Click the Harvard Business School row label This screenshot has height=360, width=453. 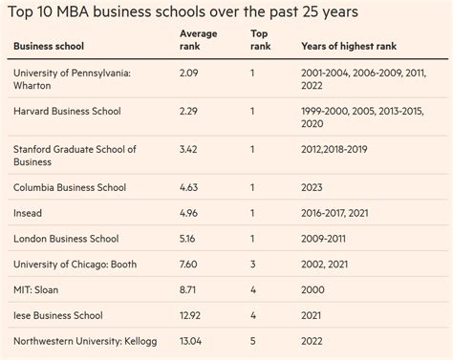[67, 112]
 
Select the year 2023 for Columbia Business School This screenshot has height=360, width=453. [316, 188]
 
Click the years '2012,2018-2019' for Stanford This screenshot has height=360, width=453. [345, 150]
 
